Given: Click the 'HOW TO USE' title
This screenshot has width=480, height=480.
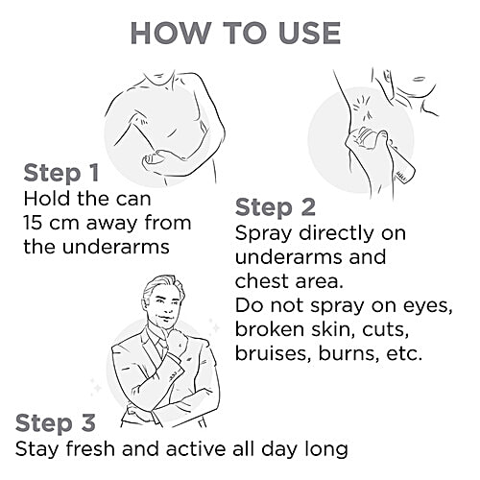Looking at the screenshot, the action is (235, 34).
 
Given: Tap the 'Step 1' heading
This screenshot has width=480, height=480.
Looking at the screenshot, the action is (61, 173).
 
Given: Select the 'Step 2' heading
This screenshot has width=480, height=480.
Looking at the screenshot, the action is (276, 207).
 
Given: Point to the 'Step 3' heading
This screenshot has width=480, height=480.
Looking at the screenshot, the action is (56, 423).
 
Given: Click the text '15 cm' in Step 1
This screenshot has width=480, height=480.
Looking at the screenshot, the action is (51, 223).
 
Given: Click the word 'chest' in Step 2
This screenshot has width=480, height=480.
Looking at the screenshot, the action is (262, 281).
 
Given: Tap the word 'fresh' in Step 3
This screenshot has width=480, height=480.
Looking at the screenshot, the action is (90, 448).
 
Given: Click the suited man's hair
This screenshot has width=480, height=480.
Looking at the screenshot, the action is (159, 286).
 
